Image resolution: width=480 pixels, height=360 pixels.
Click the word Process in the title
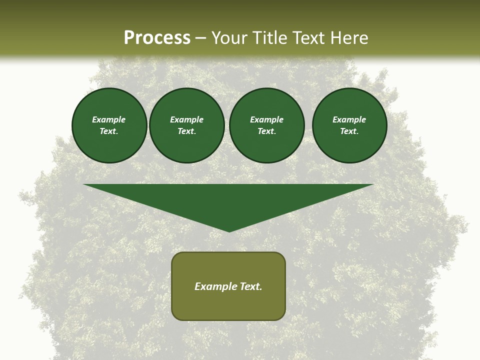tap(157, 38)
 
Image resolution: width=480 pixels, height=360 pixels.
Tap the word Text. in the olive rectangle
tap(251, 286)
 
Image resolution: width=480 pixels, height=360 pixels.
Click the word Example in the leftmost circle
tap(109, 119)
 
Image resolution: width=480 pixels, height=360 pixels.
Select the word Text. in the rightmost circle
tap(349, 131)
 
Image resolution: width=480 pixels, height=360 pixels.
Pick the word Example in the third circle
tap(267, 119)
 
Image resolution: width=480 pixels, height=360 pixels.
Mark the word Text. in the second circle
tap(187, 131)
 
